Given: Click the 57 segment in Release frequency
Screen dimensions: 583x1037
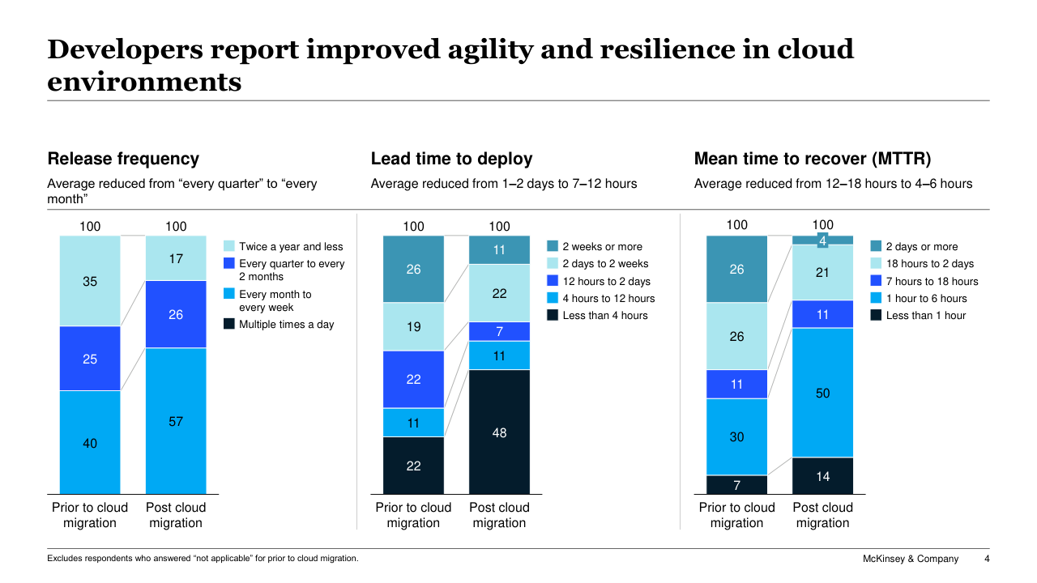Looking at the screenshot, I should (176, 421).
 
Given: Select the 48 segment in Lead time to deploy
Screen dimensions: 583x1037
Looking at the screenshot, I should (499, 432).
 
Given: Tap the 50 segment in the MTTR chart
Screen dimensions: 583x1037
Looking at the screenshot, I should (822, 393).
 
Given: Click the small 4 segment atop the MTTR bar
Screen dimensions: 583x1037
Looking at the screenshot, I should (822, 240).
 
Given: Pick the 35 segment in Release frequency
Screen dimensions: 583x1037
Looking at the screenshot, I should (90, 281).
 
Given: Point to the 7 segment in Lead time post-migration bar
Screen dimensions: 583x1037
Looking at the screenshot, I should (499, 331).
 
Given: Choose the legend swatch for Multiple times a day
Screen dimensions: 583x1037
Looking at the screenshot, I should (228, 324).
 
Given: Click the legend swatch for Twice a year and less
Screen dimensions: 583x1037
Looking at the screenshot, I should (228, 246).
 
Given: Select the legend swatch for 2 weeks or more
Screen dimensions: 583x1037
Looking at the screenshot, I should (553, 246).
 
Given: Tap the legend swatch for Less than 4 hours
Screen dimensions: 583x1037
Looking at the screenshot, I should (553, 315).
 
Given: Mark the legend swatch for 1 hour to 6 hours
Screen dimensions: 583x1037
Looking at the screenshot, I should (876, 298).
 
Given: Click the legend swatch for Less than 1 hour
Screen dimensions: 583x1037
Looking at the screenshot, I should (876, 315).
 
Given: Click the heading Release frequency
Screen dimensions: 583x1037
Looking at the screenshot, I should (123, 159).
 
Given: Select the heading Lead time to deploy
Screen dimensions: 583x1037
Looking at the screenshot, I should (451, 159).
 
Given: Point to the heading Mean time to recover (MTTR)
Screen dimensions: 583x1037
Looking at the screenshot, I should (813, 159).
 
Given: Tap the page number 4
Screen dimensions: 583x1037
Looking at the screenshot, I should (986, 559).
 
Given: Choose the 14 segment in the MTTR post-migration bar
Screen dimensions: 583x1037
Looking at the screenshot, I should (822, 476).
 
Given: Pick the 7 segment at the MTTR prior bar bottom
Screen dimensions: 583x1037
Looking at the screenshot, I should (736, 485).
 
